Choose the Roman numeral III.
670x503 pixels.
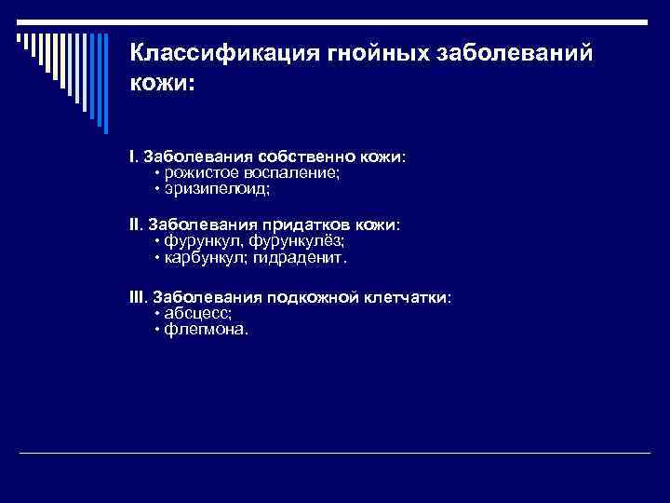coord(138,296)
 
